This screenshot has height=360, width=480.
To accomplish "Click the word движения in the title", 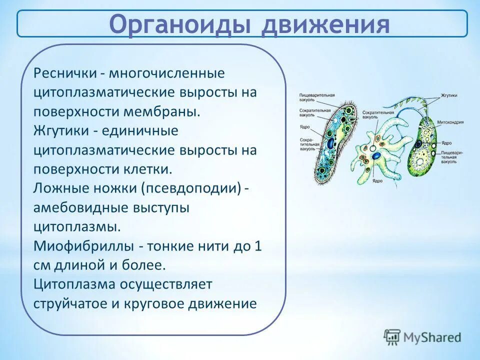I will coord(325,24).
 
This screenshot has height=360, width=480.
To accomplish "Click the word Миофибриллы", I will coord(82,246).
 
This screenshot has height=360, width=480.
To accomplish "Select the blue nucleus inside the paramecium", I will coord(331,144).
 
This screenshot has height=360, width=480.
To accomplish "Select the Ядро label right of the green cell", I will coord(446,142).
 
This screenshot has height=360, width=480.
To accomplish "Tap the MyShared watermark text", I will coord(432,337).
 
